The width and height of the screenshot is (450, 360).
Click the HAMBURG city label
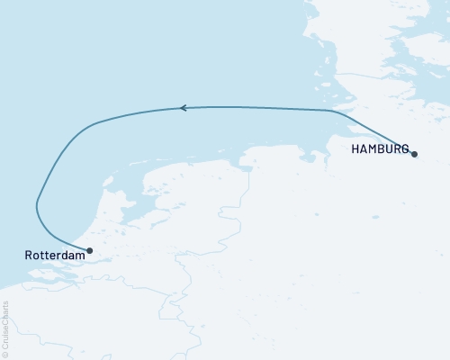pos(382,148)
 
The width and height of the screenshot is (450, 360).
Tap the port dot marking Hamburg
pos(415,155)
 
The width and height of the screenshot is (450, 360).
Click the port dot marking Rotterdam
pos(89,250)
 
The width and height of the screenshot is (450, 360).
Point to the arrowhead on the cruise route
pos(183,108)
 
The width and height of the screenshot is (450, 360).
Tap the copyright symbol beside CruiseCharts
pos(5,354)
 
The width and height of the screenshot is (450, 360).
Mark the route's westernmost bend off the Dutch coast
pos(37,204)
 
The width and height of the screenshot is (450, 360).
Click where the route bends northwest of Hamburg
pos(337,112)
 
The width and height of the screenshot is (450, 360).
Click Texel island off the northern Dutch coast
pos(108,182)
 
